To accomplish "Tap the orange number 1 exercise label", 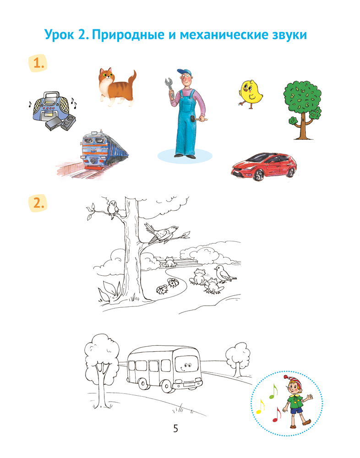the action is [38, 63].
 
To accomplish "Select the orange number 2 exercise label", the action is [38, 203].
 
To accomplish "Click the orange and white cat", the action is [117, 87].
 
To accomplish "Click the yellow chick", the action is [251, 94].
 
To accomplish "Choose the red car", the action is [264, 165].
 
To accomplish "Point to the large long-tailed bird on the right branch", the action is [161, 233].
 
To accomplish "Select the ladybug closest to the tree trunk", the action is [162, 289].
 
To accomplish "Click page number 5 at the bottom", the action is [175, 429].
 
